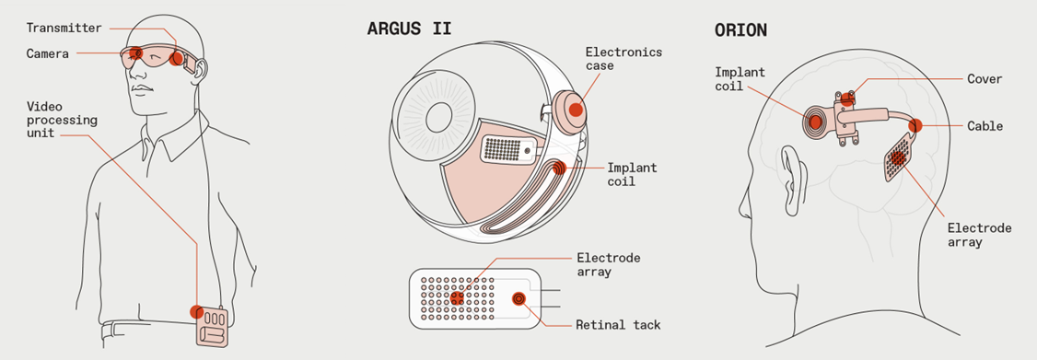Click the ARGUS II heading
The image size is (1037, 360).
click(410, 29)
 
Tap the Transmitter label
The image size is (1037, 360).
click(64, 28)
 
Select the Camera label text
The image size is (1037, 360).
click(48, 53)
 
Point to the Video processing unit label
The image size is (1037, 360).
click(63, 120)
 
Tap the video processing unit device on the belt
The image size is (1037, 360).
click(212, 326)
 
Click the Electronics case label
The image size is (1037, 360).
click(623, 59)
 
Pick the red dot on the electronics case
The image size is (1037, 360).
click(576, 110)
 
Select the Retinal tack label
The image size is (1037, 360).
click(618, 325)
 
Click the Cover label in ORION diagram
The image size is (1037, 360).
click(985, 79)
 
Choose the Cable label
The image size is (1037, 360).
click(985, 126)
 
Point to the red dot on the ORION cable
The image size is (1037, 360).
click(916, 125)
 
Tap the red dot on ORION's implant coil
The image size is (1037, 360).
click(815, 122)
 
